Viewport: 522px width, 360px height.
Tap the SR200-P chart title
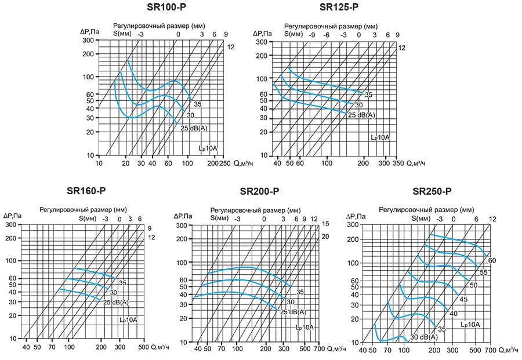tap(259, 191)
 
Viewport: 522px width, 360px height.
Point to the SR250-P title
tap(432, 191)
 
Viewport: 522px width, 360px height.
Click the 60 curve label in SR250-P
tap(492, 260)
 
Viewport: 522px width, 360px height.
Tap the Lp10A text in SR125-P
tap(380, 137)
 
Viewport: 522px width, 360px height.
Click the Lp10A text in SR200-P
tap(304, 328)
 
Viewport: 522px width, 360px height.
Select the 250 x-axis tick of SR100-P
tap(226, 164)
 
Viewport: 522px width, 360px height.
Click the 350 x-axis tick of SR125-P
tap(398, 164)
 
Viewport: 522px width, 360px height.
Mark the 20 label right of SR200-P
tap(325, 237)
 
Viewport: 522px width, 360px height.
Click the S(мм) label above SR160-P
tap(89, 219)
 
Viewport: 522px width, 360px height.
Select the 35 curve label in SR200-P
tap(300, 292)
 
